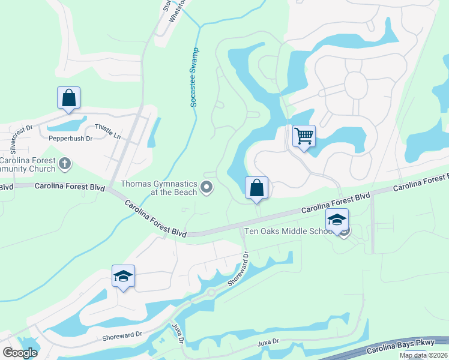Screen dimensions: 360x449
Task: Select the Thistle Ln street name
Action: click(107, 132)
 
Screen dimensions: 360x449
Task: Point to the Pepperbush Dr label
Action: click(71, 139)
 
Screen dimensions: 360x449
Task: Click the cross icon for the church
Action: click(65, 163)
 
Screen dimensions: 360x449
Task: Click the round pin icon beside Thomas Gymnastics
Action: click(207, 188)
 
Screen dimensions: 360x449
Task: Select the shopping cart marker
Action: click(304, 136)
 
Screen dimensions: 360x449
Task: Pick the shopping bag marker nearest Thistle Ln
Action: click(68, 98)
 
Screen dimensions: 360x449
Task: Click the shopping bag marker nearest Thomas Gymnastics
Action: click(256, 188)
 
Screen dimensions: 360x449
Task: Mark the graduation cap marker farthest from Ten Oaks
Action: click(123, 276)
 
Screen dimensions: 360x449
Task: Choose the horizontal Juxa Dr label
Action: click(268, 342)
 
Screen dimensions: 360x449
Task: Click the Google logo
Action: click(20, 352)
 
